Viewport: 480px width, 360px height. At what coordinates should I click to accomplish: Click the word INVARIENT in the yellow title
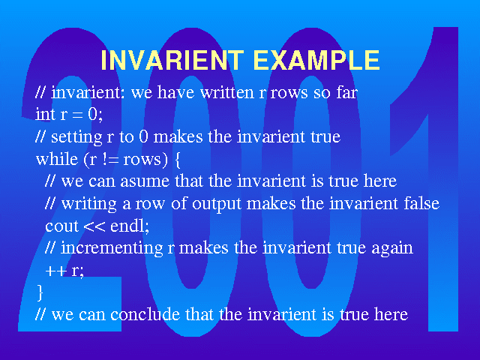(x=172, y=60)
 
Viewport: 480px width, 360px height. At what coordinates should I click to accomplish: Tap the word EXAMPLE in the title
(x=316, y=60)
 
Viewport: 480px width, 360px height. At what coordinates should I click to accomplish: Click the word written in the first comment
(x=226, y=92)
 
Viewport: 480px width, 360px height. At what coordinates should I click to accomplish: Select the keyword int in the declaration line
(x=45, y=114)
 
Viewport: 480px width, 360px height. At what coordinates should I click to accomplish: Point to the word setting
(x=76, y=137)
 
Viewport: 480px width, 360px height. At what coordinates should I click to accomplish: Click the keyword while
(x=57, y=158)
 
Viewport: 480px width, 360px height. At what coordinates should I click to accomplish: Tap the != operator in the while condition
(x=109, y=159)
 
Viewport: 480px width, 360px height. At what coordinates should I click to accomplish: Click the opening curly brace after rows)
(x=177, y=160)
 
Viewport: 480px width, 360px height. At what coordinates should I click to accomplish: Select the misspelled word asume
(x=145, y=181)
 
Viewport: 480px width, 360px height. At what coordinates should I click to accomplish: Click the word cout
(x=61, y=226)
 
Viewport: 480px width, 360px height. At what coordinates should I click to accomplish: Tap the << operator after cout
(x=94, y=226)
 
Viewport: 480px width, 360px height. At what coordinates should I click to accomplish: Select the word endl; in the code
(x=130, y=226)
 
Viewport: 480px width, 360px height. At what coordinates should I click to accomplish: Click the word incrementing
(x=112, y=248)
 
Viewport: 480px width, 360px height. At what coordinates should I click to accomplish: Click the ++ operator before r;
(x=56, y=271)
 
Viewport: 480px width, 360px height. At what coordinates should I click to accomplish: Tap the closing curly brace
(x=40, y=292)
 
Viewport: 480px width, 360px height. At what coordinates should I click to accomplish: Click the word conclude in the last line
(x=145, y=314)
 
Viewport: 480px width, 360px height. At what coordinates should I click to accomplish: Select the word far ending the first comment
(x=346, y=92)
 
